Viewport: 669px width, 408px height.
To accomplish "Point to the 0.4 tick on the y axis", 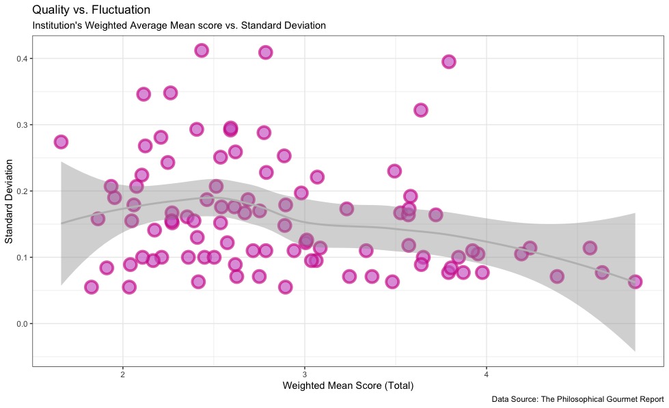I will (22, 59).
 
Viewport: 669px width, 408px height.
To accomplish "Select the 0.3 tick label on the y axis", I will (22, 125).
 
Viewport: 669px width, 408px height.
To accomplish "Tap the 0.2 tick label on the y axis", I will (22, 191).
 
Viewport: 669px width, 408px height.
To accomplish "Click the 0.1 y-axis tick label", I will (22, 258).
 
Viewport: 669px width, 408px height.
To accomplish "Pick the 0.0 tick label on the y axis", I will (22, 324).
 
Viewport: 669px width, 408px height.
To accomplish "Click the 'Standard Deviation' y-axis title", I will (10, 202).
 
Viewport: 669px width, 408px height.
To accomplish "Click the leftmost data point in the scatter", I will (61, 142).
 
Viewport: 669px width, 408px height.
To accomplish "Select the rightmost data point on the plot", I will (635, 282).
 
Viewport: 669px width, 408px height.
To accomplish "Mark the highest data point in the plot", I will (202, 51).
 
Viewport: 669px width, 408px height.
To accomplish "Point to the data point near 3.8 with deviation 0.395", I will (449, 62).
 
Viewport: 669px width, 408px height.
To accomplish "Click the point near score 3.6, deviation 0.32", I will (421, 110).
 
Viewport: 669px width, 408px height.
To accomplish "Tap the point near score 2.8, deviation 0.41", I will (266, 53).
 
